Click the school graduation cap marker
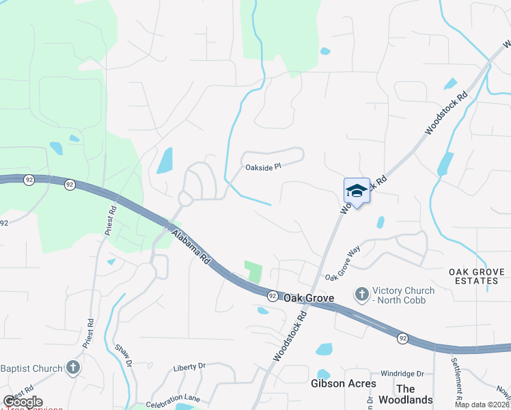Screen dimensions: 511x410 click(x=356, y=191)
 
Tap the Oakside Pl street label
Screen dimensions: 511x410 click(x=263, y=167)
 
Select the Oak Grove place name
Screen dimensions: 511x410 click(x=308, y=298)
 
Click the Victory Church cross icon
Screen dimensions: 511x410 click(x=361, y=295)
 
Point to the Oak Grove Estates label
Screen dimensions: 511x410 click(x=477, y=277)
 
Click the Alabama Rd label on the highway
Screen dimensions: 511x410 click(x=192, y=247)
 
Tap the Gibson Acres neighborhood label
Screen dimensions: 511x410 click(x=343, y=383)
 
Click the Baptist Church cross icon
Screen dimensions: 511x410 click(x=73, y=368)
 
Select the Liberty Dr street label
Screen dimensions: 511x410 click(x=189, y=367)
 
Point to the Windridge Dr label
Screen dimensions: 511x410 click(x=402, y=374)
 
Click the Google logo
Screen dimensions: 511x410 click(x=23, y=402)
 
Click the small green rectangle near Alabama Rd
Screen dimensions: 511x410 click(x=254, y=273)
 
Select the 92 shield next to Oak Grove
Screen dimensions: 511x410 click(x=272, y=295)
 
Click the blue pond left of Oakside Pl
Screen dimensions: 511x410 click(x=165, y=161)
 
